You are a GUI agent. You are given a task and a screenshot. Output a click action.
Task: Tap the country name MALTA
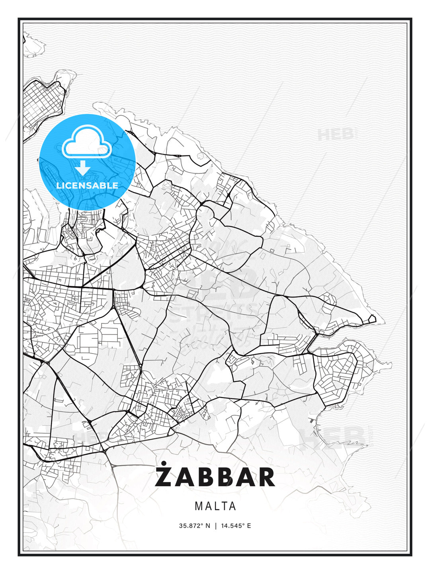click(215, 506)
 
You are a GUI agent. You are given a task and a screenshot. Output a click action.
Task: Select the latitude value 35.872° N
click(194, 526)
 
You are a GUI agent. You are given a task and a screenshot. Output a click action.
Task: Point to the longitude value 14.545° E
click(236, 526)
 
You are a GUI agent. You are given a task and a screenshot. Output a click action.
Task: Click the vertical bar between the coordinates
click(215, 526)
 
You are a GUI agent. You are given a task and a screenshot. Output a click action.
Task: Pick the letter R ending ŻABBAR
click(266, 477)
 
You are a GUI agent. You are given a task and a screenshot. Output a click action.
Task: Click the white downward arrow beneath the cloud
click(83, 168)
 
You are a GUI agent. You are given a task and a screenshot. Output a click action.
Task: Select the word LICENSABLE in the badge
click(87, 185)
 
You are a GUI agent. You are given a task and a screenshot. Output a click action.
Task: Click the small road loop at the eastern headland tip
click(372, 318)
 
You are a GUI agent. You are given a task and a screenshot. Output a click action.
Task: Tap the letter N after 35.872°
click(207, 526)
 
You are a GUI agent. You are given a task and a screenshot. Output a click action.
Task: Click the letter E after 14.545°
click(249, 526)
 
